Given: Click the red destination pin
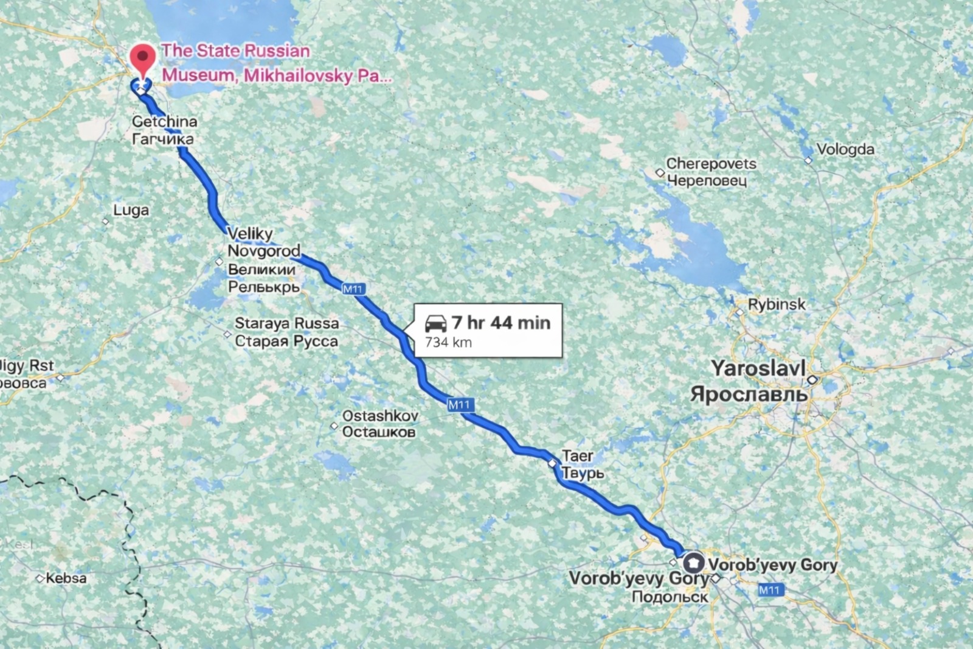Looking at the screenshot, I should click(143, 58).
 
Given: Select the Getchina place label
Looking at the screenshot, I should click(164, 122).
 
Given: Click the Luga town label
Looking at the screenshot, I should click(131, 211).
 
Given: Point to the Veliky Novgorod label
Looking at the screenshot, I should click(263, 242).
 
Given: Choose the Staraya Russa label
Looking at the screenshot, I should click(286, 323).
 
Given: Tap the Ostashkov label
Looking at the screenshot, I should click(380, 416).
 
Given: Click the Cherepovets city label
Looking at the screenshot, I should click(711, 164).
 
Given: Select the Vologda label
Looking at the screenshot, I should click(845, 150).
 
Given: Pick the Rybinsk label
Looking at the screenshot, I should click(777, 304).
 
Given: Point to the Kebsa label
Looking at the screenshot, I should click(66, 578).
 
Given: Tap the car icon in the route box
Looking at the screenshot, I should click(435, 323).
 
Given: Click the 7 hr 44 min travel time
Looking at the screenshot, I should click(501, 323).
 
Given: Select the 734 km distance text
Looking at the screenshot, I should click(448, 343).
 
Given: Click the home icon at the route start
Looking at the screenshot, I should click(694, 563).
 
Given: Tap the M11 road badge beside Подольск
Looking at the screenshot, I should click(769, 589).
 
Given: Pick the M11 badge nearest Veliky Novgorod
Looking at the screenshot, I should click(353, 289).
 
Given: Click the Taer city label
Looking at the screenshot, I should click(577, 455).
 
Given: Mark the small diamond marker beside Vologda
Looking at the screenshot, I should click(808, 161).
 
